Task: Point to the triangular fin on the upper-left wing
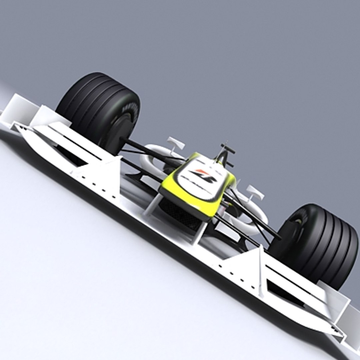(x=107, y=173)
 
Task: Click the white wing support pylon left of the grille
(x=152, y=205)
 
